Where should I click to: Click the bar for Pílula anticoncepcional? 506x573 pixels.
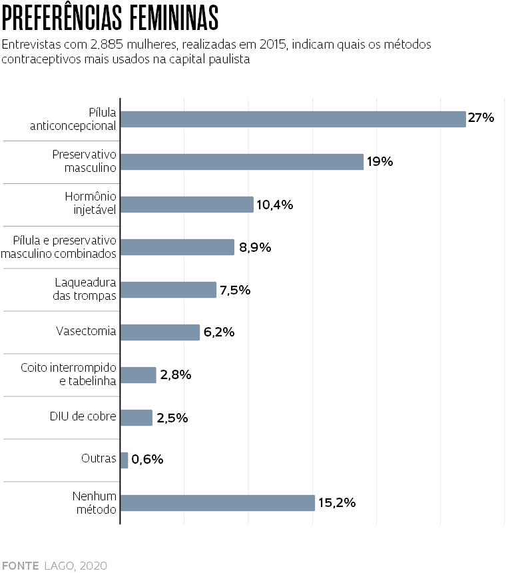click(293, 119)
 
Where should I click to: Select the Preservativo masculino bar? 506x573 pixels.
click(242, 162)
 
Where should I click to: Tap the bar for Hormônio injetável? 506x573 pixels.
click(187, 205)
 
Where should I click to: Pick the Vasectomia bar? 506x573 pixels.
click(160, 332)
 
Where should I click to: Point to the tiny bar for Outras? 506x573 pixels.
click(125, 460)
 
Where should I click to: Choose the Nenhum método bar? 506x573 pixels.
click(218, 503)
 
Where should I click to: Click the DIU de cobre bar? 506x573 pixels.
click(136, 418)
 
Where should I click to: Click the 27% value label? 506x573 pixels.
click(481, 119)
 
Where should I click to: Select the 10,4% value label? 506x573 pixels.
click(275, 205)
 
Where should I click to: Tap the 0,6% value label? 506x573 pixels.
click(147, 459)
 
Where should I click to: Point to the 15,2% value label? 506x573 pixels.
click(337, 502)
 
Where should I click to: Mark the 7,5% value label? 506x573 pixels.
click(235, 290)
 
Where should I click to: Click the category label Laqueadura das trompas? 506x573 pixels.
click(85, 290)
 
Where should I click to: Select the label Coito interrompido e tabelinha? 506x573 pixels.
click(69, 374)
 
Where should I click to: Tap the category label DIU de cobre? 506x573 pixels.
click(83, 417)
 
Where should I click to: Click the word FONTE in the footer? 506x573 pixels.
click(20, 566)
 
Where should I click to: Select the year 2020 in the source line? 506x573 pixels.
click(93, 566)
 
